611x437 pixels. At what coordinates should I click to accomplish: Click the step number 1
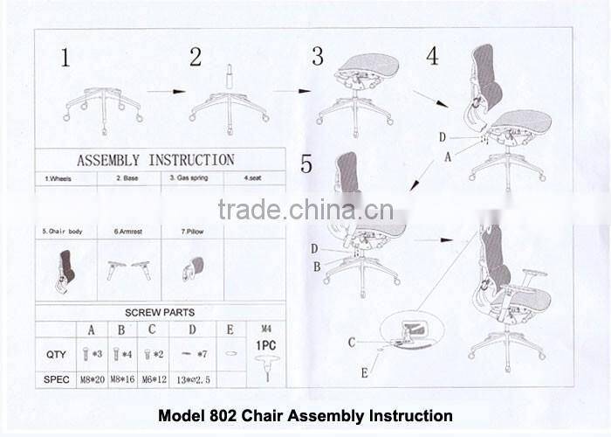coord(65,59)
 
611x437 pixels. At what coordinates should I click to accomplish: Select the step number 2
coord(196,58)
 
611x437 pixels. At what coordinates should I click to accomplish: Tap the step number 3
coord(318,57)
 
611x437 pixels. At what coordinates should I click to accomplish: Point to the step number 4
coord(432,56)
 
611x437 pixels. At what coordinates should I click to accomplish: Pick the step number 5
coord(305,163)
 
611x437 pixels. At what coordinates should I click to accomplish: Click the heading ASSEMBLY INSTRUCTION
coord(155,160)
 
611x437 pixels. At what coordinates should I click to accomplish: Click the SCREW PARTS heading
coord(160,312)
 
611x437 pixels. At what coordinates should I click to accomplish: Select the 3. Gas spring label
coord(189,178)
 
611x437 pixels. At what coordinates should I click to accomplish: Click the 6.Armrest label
coord(128,232)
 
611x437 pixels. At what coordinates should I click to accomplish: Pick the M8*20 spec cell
coord(91,379)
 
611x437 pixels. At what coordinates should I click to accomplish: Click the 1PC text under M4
coord(266,344)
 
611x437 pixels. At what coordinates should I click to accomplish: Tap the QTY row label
coord(56,355)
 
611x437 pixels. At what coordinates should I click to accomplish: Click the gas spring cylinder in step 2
coord(230,75)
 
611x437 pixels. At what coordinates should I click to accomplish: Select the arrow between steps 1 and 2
coord(166,91)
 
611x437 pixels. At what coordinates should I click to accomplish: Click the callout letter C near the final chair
coord(352,343)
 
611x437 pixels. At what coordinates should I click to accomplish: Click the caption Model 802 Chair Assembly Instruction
coord(305,416)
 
